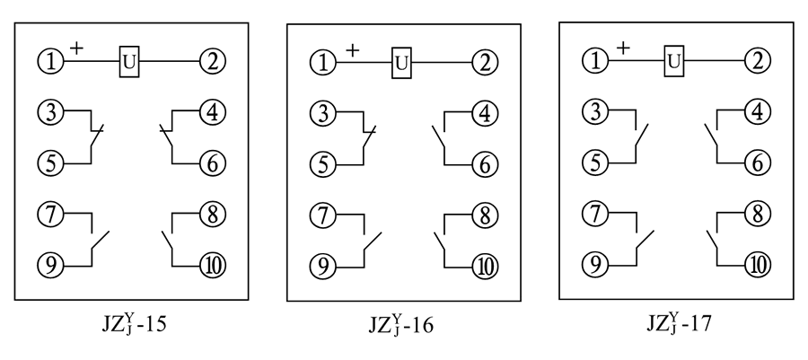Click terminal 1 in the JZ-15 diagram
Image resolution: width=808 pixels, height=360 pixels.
point(50,62)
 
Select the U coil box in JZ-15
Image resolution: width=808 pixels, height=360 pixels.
point(130,62)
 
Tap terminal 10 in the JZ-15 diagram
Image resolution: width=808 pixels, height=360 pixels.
point(213,266)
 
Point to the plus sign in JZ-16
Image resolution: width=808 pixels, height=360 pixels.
point(352,50)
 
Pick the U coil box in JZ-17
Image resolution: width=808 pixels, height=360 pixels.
point(673,61)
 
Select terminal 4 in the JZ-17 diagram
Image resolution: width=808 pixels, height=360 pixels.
point(758,113)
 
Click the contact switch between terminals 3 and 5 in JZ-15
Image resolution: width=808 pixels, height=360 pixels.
point(95,138)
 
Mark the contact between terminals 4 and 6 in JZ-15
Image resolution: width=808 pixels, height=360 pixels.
point(168,138)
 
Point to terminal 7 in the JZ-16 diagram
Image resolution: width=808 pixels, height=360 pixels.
point(323,215)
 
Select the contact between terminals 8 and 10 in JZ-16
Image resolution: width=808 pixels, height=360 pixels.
point(441,241)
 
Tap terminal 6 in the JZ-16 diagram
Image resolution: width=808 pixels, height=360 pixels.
point(486,164)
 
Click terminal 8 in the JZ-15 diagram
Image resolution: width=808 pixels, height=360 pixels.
point(213,215)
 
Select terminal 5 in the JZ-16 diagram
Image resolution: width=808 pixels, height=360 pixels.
point(323,164)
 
